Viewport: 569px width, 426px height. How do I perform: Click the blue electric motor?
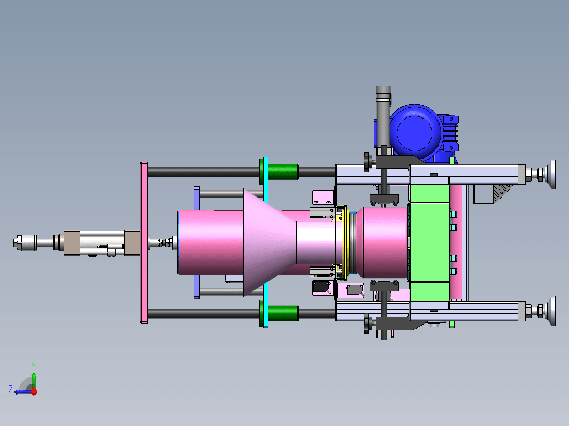[417, 133]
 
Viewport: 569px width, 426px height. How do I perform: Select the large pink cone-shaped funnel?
[268, 242]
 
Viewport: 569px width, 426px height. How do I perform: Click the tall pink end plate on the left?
[144, 242]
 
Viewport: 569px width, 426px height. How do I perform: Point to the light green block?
[429, 243]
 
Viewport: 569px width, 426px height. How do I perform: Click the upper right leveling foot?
[542, 174]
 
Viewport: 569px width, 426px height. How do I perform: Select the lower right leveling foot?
[542, 311]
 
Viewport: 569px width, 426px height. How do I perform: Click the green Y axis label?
[33, 366]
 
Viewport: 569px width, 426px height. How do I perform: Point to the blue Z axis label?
[11, 389]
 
